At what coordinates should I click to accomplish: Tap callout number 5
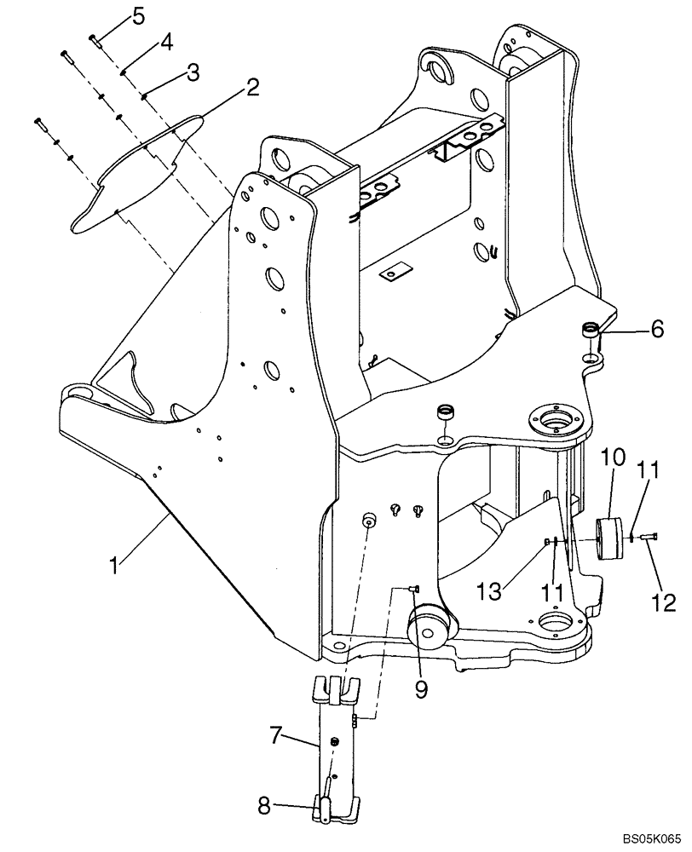pyautogui.click(x=139, y=14)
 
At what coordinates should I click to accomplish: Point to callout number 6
pyautogui.click(x=657, y=330)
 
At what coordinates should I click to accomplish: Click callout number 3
pyautogui.click(x=193, y=73)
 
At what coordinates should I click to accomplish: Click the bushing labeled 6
pyautogui.click(x=590, y=330)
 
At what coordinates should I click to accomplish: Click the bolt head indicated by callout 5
pyautogui.click(x=93, y=37)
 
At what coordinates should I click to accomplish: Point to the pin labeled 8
pyautogui.click(x=324, y=803)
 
